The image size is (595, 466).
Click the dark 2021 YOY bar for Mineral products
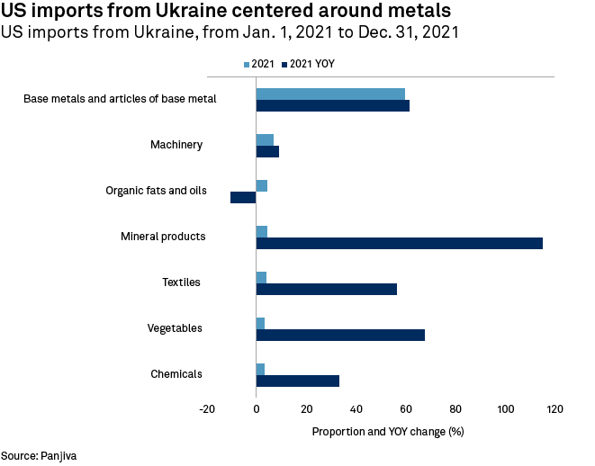(399, 243)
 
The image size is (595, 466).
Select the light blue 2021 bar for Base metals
(330, 94)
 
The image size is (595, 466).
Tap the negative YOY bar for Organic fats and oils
(243, 197)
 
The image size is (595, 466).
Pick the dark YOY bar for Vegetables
(340, 335)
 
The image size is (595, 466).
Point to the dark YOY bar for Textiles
(326, 289)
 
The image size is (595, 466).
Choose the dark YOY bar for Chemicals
(297, 381)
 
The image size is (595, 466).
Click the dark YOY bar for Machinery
(267, 151)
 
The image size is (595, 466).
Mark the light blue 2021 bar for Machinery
(265, 139)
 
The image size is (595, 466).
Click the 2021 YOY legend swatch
(284, 65)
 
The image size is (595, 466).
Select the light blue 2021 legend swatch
(248, 65)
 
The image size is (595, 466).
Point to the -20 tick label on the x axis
(207, 409)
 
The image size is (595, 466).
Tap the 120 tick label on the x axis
(554, 409)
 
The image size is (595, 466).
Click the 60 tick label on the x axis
(405, 409)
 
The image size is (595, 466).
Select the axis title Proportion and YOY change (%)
(388, 431)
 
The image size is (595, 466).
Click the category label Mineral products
(164, 237)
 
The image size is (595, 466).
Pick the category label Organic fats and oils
(156, 191)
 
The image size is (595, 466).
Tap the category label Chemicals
(176, 374)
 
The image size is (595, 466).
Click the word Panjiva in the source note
(59, 456)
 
